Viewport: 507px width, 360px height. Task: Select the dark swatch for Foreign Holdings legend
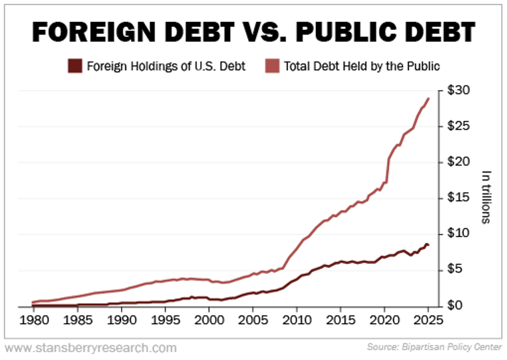pos(75,66)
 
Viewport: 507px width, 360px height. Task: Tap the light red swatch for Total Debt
pos(272,66)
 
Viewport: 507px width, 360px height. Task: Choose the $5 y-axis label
pos(455,269)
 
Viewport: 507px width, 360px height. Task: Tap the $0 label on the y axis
pos(455,305)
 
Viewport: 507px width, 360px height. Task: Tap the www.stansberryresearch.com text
pos(91,347)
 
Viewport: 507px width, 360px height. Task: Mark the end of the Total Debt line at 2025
pos(429,99)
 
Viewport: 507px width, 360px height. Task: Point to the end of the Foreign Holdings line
pos(428,246)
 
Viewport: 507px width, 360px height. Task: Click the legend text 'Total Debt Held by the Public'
pos(362,66)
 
